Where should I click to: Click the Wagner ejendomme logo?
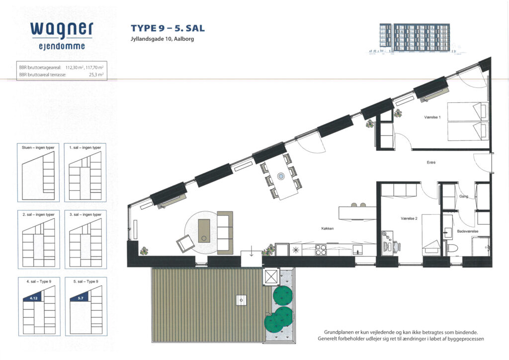(62, 36)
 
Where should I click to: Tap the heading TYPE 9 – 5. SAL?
(168, 28)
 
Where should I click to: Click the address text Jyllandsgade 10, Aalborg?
(163, 39)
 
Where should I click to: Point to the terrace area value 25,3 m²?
(96, 75)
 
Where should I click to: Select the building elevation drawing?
(415, 38)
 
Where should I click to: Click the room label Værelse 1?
(432, 117)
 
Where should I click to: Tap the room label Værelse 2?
(409, 218)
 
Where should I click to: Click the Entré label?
(431, 162)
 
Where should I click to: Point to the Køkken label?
(327, 229)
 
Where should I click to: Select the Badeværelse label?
(467, 231)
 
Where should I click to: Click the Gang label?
(464, 196)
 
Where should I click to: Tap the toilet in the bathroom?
(452, 248)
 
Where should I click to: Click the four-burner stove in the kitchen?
(321, 250)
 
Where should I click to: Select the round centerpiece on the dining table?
(281, 176)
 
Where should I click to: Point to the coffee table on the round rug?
(204, 231)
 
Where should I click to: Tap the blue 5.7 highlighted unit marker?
(81, 298)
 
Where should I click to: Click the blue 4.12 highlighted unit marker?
(33, 298)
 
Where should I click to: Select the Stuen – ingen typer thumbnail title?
(38, 148)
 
